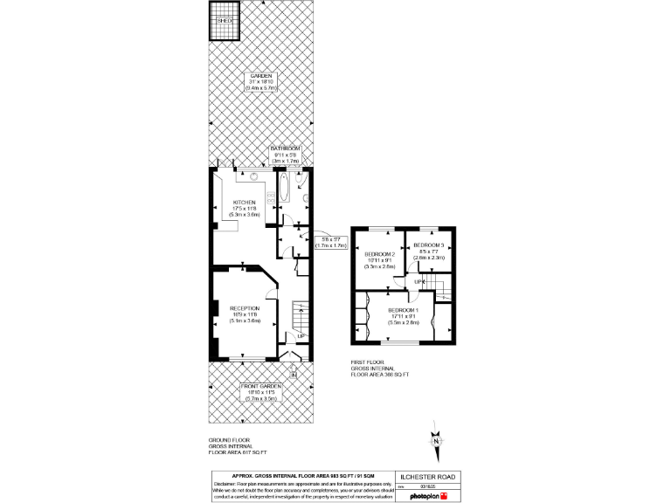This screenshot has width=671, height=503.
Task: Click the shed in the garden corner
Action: pos(223,24)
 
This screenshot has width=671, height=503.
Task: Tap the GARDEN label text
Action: pos(260,76)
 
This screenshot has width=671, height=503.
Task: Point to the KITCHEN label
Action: pos(244,202)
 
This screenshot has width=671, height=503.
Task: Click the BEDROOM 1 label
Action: pos(404,310)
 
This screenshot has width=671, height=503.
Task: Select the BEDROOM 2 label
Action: pos(380,254)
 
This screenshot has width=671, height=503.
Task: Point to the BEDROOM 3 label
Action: pos(429,245)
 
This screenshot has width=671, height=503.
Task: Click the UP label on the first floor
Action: pos(419,282)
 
